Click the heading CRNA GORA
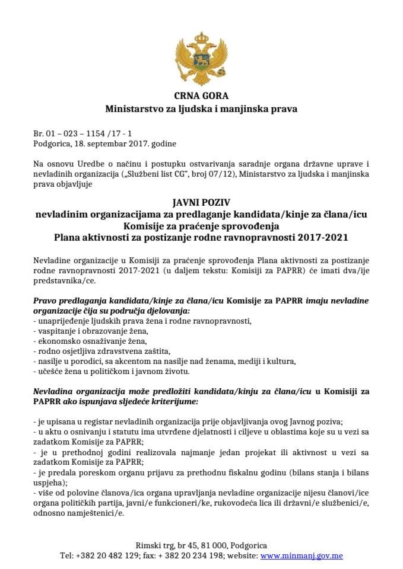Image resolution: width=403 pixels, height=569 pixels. click(x=201, y=96)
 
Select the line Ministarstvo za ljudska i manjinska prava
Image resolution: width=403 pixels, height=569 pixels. click(x=201, y=109)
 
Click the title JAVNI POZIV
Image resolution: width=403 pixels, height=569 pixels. click(x=201, y=206)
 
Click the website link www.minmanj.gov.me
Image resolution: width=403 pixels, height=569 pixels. click(x=302, y=557)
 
